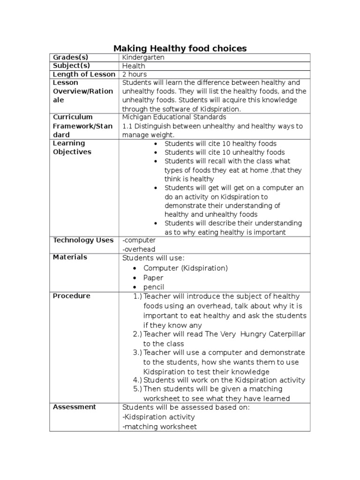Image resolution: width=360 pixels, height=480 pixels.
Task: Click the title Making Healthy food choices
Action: coord(180,48)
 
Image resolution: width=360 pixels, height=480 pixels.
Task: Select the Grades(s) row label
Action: coord(70,57)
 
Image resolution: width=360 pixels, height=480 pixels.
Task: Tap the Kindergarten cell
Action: coord(143,57)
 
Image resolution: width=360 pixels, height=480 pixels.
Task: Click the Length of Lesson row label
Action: coord(84,74)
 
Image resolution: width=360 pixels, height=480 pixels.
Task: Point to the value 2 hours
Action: coord(135,74)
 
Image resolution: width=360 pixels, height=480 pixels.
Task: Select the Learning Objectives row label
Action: coord(72,148)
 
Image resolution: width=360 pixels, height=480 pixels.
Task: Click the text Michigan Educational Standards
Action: coord(174,117)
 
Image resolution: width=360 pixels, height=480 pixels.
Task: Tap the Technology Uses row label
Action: coord(83,240)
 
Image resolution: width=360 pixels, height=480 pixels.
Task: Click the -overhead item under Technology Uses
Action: coord(139,249)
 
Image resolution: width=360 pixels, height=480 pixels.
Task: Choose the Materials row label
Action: coord(70,257)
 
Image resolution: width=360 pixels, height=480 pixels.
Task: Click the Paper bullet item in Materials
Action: coord(153,277)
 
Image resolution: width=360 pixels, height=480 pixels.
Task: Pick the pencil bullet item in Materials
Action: coord(154,287)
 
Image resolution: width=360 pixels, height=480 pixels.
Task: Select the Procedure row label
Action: coord(72,296)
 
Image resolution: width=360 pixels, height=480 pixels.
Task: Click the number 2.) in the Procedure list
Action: coord(137,334)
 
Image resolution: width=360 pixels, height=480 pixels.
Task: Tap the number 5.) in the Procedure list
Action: coord(137,389)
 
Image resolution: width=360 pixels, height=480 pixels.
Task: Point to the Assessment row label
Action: coord(75,407)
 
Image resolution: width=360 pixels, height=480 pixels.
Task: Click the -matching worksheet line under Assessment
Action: coord(160,427)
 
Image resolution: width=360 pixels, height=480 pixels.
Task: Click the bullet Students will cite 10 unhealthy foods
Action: coord(225,152)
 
